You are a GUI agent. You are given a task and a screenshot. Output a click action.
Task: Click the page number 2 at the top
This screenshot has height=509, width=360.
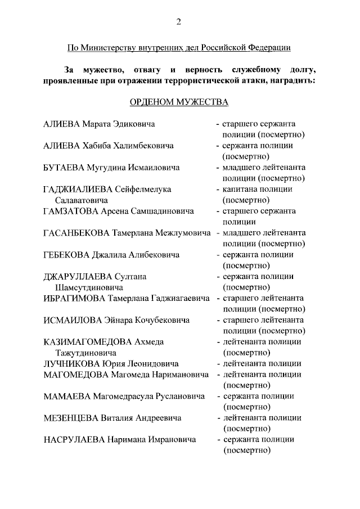tap(178, 22)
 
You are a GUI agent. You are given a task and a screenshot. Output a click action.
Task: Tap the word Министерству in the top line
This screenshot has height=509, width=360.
tap(107, 48)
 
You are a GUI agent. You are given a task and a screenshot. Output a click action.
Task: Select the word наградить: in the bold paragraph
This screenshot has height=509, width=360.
tap(287, 80)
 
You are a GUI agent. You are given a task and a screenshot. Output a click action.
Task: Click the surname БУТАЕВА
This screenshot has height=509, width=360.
tap(63, 168)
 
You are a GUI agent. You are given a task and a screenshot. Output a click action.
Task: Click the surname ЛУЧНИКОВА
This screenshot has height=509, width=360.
tap(69, 363)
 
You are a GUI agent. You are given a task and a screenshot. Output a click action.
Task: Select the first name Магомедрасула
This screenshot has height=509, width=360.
tap(123, 397)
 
